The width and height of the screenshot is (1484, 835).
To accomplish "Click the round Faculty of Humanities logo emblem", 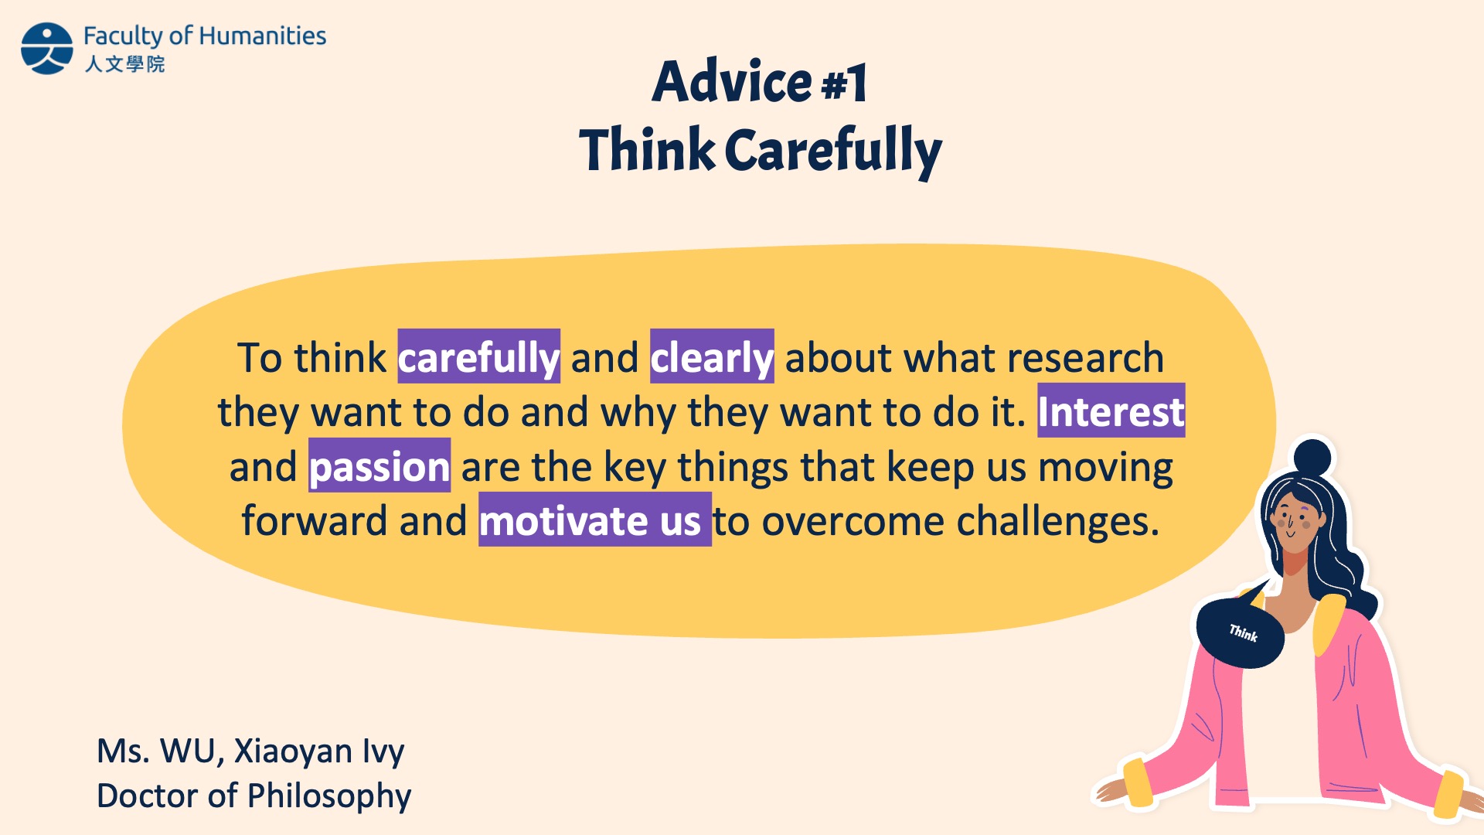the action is point(47,48).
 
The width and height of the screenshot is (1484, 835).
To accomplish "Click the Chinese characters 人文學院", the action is point(124,63).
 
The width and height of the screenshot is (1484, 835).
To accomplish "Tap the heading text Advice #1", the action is point(760,81).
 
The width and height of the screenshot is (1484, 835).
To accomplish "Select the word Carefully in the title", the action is point(833,151).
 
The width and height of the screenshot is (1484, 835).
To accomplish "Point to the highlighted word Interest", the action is point(1111,411).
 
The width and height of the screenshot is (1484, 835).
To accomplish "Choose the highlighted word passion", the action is point(380,465).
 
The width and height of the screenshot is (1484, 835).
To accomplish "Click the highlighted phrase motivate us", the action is point(594,520).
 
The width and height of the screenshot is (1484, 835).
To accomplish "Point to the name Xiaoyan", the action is point(293,751).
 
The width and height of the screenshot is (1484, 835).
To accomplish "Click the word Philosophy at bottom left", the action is point(329,796).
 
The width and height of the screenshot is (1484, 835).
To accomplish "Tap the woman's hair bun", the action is point(1312,457).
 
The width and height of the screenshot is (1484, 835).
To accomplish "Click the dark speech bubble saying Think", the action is point(1240,632).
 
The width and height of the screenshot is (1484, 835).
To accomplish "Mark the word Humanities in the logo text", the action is point(263,36).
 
